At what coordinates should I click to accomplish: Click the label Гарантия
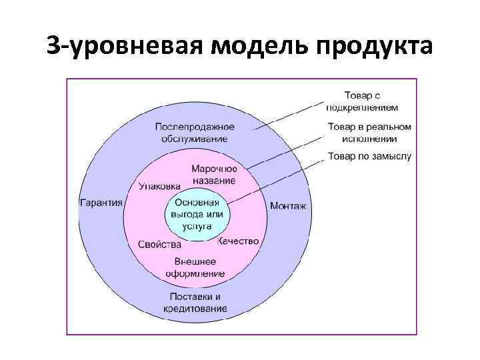click(101, 203)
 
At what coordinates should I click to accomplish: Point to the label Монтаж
click(287, 206)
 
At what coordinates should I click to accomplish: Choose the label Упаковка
click(159, 186)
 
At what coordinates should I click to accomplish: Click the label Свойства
click(159, 245)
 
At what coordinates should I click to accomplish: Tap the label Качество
click(238, 241)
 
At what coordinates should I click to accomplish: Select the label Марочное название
click(214, 175)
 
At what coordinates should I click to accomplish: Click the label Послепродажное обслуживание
click(194, 133)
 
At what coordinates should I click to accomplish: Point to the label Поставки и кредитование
click(195, 303)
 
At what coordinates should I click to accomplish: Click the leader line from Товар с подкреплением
click(287, 118)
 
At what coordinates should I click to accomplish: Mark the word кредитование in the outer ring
click(195, 309)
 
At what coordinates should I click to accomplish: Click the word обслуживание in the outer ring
click(194, 139)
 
